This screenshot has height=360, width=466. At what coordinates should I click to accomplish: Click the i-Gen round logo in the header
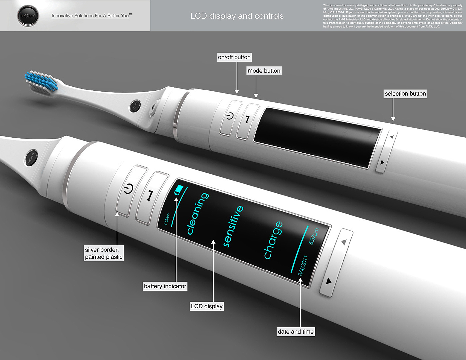pyautogui.click(x=28, y=16)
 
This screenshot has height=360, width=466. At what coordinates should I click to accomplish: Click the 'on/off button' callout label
pyautogui.click(x=234, y=57)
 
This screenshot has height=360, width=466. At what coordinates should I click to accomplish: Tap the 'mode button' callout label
pyautogui.click(x=264, y=71)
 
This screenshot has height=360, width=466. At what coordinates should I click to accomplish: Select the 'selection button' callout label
pyautogui.click(x=405, y=94)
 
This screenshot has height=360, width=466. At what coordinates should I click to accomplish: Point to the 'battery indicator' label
pyautogui.click(x=165, y=286)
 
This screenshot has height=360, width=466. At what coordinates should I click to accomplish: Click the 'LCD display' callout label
pyautogui.click(x=207, y=306)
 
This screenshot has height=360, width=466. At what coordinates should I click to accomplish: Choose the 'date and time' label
pyautogui.click(x=296, y=332)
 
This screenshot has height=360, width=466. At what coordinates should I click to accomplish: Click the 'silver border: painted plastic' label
pyautogui.click(x=104, y=253)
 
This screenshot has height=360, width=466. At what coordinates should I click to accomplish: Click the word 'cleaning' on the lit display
pyautogui.click(x=198, y=213)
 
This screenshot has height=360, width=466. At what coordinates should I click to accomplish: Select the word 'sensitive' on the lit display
pyautogui.click(x=233, y=226)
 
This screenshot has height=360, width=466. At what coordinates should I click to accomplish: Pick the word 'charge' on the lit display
pyautogui.click(x=273, y=240)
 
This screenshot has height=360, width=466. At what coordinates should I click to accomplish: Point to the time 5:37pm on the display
pyautogui.click(x=314, y=236)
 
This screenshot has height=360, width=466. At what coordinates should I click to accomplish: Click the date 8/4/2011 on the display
pyautogui.click(x=303, y=266)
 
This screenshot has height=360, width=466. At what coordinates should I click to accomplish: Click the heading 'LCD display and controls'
pyautogui.click(x=237, y=16)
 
